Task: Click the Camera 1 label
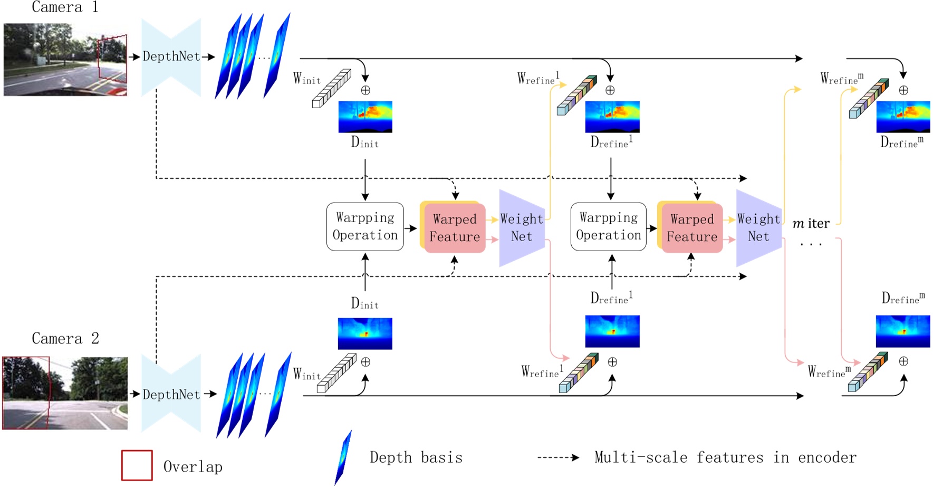coord(64,7)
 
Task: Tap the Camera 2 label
coord(65,338)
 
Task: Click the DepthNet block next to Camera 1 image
coord(171,56)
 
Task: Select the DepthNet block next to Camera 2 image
coord(171,394)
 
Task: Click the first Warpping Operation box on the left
coord(365,226)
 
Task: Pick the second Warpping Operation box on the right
coord(608,226)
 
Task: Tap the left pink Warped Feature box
coord(455,228)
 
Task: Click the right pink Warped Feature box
coord(692,228)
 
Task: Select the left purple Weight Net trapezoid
coord(521,227)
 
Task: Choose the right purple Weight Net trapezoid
coord(758,227)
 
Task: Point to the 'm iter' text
coord(811,224)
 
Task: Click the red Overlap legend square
coord(137,465)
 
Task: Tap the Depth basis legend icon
coord(343,457)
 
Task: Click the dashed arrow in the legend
coord(558,457)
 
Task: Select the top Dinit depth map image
coord(365,117)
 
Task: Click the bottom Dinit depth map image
coord(365,333)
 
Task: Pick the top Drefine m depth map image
coord(903,117)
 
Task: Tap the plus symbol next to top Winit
coord(365,90)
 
